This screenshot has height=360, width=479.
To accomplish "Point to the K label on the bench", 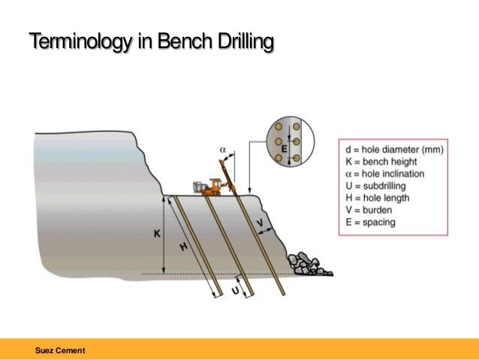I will [157, 234].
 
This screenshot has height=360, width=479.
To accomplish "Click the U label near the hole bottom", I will [235, 289].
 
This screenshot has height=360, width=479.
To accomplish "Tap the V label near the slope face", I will [260, 224].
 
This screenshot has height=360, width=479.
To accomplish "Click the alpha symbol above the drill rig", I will [222, 150].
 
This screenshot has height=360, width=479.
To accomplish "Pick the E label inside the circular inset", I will [284, 149].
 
